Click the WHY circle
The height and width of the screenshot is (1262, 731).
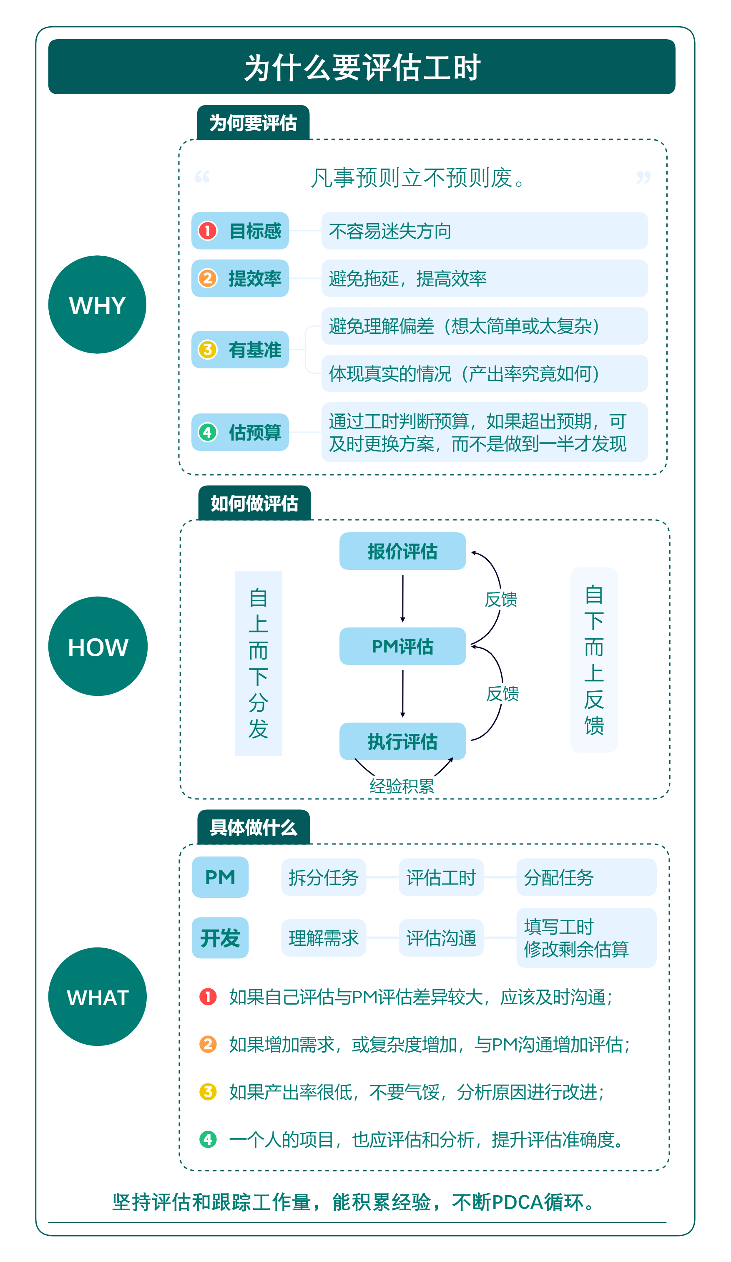(x=97, y=305)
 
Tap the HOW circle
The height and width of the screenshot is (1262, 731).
(x=98, y=646)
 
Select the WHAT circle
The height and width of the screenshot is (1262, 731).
(x=97, y=997)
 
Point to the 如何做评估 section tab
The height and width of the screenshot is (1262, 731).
(x=254, y=503)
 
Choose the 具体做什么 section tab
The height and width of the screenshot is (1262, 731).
(x=254, y=827)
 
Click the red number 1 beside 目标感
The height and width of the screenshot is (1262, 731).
(x=208, y=231)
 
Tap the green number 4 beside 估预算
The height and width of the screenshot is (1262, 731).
(x=208, y=432)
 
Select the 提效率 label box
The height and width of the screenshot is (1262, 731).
(x=240, y=278)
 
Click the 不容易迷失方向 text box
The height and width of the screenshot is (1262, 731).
(x=484, y=231)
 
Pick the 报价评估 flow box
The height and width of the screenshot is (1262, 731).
(x=402, y=551)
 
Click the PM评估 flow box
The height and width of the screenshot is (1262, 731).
(x=402, y=646)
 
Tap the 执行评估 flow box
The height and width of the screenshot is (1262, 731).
(x=402, y=741)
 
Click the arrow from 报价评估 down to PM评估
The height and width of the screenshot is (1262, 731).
(x=402, y=598)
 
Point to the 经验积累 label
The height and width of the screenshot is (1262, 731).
(x=402, y=786)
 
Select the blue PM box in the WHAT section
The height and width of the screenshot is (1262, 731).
(x=220, y=877)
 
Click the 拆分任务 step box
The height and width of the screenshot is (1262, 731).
(x=324, y=877)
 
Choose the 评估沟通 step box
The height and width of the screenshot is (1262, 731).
(x=441, y=937)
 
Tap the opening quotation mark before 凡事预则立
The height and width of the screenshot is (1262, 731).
(x=202, y=177)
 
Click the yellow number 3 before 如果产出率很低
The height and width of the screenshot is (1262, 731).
(x=208, y=1092)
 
